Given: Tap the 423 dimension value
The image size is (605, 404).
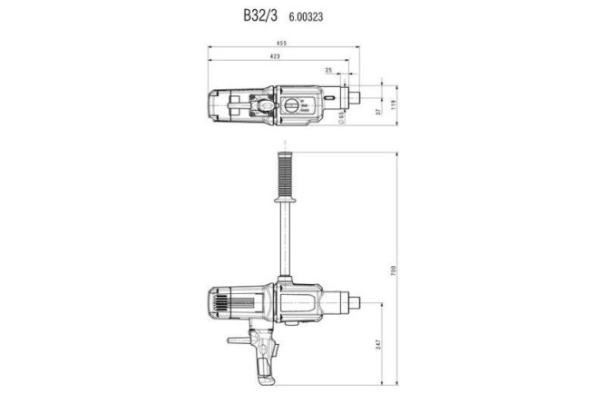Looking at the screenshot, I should click(275, 56).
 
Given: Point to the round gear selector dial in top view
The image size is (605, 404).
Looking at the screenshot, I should click(292, 107).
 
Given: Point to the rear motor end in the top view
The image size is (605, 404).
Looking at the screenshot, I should click(216, 106).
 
